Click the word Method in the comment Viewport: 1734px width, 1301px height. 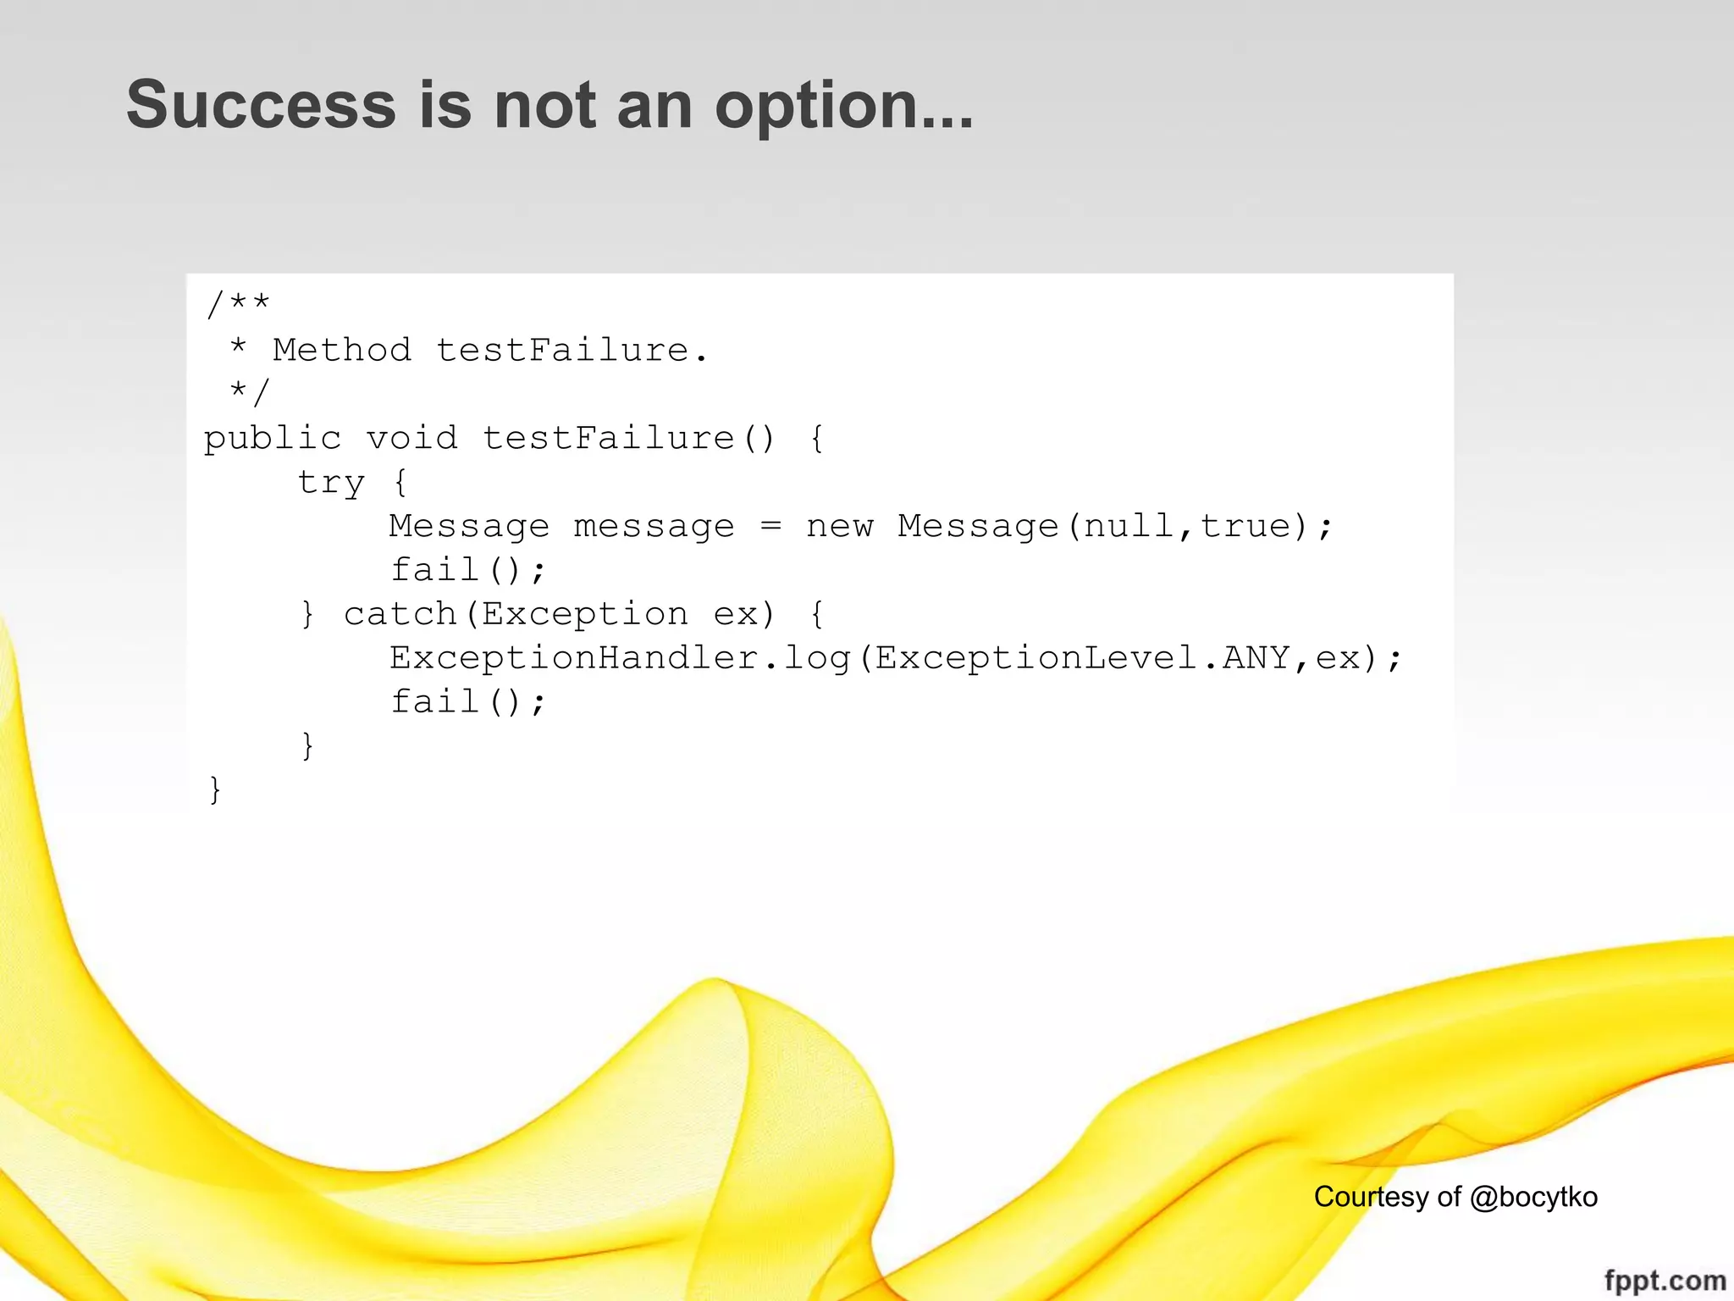click(342, 350)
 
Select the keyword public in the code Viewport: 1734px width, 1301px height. click(273, 439)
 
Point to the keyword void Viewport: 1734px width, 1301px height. click(411, 438)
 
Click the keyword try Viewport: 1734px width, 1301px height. click(331, 483)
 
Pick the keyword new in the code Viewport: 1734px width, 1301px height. click(839, 526)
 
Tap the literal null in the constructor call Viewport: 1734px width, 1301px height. click(1129, 526)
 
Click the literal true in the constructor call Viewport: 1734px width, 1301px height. click(1245, 526)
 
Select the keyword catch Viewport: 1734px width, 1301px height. click(400, 614)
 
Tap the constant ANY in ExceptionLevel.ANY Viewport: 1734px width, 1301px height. click(1256, 658)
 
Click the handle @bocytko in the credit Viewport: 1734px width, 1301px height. click(1533, 1197)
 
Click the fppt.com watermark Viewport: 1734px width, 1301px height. click(1665, 1280)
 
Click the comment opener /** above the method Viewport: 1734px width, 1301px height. click(238, 304)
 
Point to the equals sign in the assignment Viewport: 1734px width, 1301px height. click(770, 526)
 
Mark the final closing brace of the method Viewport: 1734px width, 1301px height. click(215, 789)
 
